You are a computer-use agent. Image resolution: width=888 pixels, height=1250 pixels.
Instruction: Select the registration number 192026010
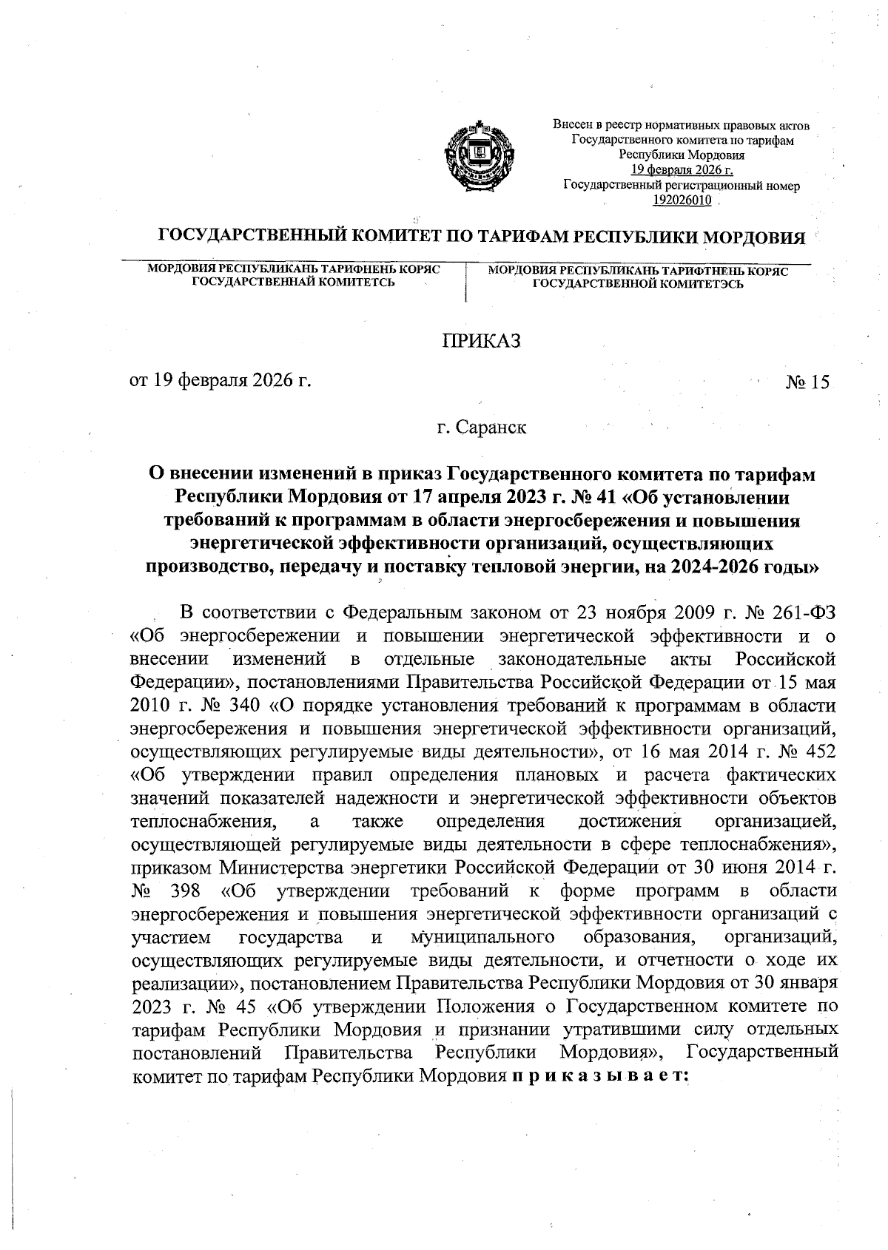[682, 200]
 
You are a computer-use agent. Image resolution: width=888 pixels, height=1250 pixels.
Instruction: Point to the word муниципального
[482, 938]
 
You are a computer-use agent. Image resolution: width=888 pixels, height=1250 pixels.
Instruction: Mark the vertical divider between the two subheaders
[465, 282]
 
